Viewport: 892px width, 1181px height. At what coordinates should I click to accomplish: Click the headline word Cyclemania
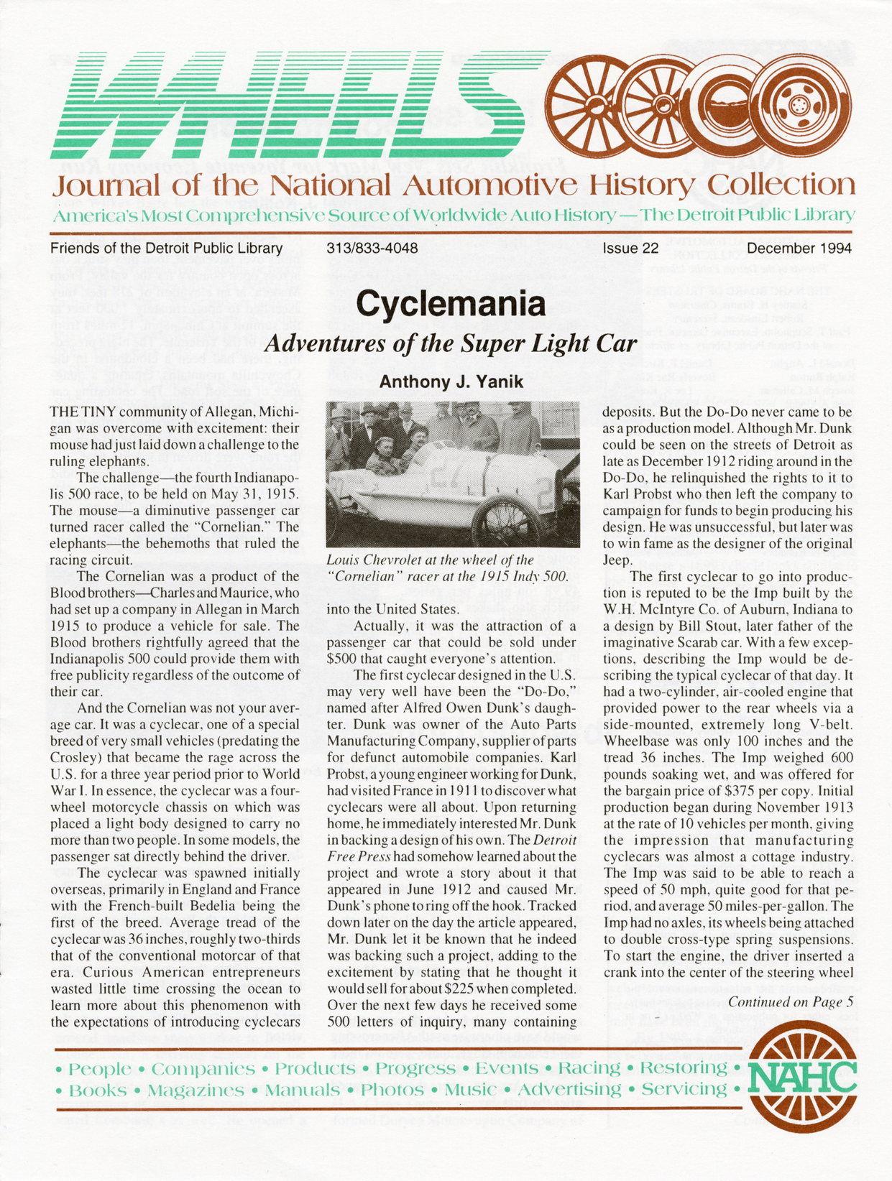coord(451,304)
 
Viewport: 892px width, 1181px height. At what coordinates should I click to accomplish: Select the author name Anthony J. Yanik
coord(451,381)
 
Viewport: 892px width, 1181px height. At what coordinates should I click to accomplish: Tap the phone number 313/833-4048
coord(372,249)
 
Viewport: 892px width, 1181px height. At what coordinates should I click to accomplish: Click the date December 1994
coord(799,249)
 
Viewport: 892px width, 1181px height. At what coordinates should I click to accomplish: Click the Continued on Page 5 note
coord(790,1001)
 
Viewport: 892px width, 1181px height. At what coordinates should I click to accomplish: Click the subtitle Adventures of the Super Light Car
coord(451,343)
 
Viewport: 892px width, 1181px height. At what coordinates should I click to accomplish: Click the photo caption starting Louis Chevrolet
coord(447,568)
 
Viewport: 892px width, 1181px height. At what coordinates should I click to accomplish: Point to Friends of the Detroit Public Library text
coord(166,249)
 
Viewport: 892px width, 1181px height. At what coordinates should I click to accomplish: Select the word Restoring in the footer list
coord(684,1067)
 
